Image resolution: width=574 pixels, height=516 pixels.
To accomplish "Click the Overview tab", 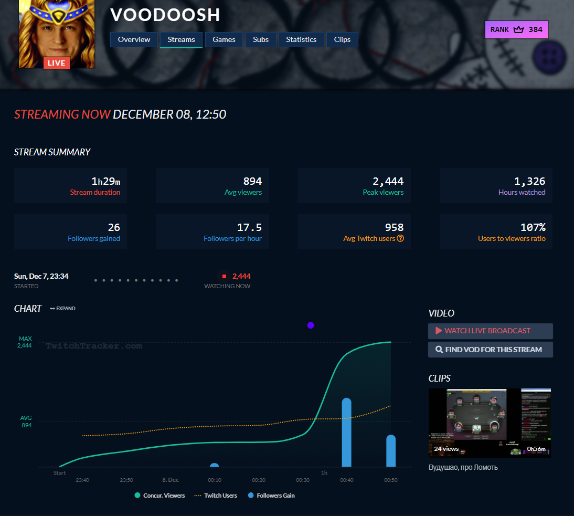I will pos(134,39).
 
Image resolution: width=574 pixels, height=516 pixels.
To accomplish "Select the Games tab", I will pos(224,39).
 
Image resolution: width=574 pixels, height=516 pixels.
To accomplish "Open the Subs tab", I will pos(261,39).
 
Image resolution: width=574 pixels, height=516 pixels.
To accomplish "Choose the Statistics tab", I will pos(301,39).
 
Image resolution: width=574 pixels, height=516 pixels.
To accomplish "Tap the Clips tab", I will pos(342,39).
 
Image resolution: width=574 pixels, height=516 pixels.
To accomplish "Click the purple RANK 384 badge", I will pos(516,30).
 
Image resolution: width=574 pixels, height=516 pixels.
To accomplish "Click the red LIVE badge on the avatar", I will pos(57,63).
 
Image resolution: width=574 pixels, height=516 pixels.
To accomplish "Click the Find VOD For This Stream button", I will pos(490,350).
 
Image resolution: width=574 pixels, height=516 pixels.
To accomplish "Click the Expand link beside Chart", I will pos(62,309).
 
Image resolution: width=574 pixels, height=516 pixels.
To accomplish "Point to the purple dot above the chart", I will pos(311,325).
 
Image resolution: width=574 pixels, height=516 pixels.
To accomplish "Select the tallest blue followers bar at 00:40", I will pos(346,433).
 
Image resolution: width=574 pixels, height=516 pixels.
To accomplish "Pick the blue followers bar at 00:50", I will pos(391,451).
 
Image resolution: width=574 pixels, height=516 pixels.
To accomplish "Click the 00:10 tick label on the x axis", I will pos(214,480).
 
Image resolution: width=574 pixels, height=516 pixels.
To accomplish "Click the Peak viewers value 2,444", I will pos(388,182).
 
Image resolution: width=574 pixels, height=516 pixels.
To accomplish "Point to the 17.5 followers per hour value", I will pos(249,227).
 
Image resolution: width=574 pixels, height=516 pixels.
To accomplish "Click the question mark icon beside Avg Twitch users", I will pos(400,238).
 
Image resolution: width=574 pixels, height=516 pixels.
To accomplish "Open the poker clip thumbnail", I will pos(490,423).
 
